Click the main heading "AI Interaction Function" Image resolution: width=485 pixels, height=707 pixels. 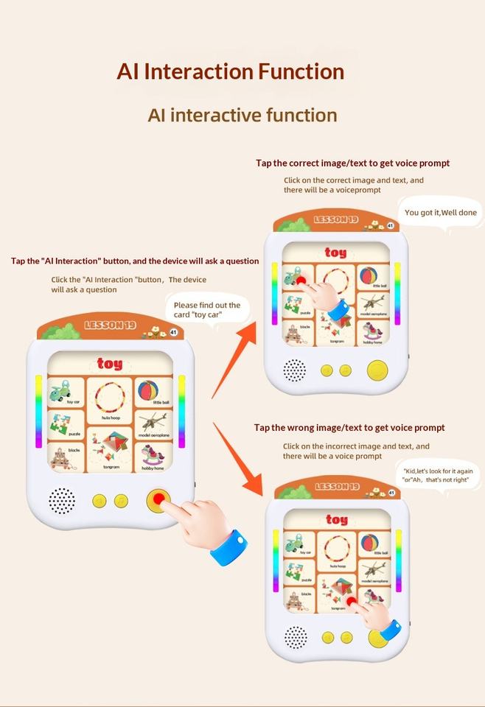(230, 71)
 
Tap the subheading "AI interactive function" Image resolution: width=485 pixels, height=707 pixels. (242, 115)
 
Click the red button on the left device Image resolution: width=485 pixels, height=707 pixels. (158, 501)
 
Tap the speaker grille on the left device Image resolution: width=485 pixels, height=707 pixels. (62, 501)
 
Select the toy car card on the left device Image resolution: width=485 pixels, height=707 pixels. (66, 390)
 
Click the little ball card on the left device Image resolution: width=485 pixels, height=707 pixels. (153, 391)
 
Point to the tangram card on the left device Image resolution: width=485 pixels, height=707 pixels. (110, 449)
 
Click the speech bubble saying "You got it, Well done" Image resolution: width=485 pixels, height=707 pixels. (440, 213)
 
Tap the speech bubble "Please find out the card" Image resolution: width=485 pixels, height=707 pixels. (207, 309)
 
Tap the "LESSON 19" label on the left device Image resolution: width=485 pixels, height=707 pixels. (110, 325)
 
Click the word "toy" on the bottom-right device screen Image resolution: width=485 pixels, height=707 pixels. (337, 520)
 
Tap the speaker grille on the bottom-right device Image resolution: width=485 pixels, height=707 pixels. (296, 637)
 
